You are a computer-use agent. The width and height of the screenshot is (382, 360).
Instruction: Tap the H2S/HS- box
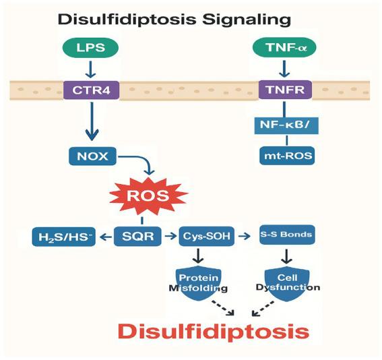pos(62,237)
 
